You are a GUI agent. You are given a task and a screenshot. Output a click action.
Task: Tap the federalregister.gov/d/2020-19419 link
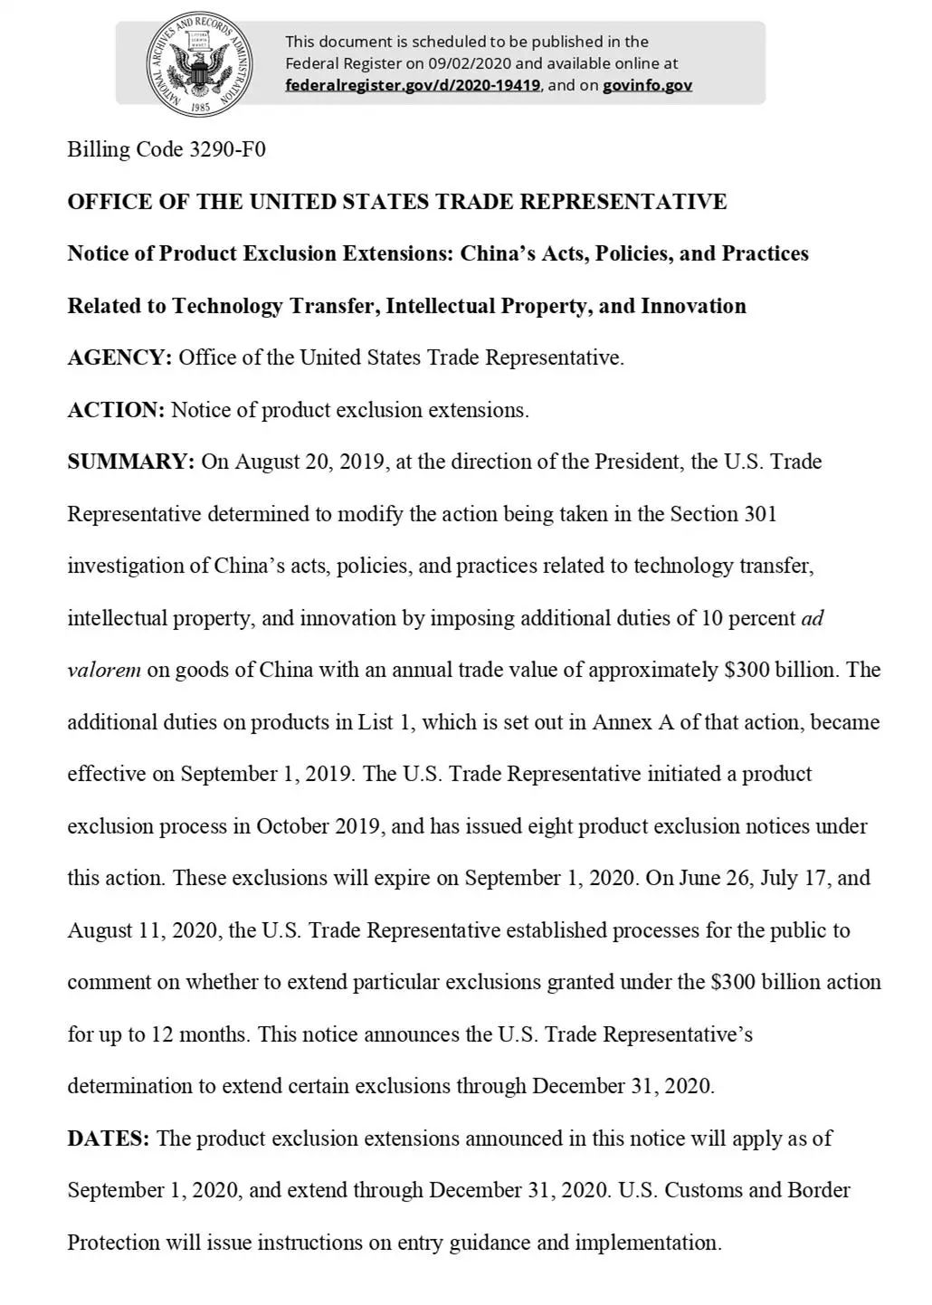point(413,85)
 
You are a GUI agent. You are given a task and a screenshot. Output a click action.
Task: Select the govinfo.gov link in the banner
point(648,85)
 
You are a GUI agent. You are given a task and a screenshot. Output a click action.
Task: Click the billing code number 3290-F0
point(227,149)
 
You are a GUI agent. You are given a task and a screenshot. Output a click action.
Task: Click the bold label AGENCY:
point(119,357)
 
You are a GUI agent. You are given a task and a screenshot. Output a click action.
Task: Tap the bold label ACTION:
point(116,410)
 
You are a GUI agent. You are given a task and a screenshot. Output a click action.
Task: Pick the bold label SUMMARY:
point(130,462)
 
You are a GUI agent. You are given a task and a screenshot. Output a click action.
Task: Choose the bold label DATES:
point(109,1138)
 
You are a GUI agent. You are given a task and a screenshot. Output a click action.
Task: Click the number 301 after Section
point(760,514)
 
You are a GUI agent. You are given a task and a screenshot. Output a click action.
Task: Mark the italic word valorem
point(104,671)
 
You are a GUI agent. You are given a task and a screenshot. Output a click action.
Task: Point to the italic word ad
point(813,619)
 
